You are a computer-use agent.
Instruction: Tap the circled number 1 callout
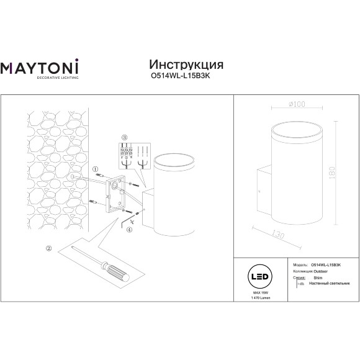(95, 168)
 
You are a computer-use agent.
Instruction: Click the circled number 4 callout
(129, 229)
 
